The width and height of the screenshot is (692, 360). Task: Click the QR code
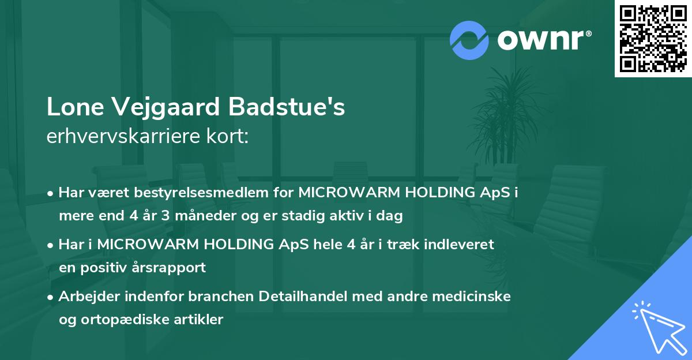coord(653,39)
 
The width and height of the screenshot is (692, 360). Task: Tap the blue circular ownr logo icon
coord(469,40)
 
